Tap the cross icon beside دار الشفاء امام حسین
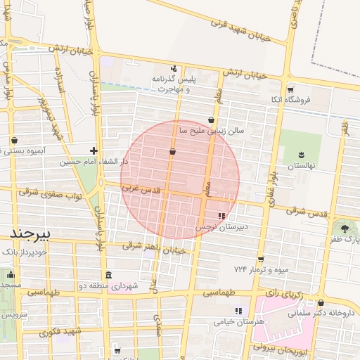click(94, 150)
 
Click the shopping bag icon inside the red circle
click(172, 151)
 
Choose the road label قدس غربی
click(141, 190)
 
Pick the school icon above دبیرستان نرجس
click(222, 217)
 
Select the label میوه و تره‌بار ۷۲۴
click(261, 269)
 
